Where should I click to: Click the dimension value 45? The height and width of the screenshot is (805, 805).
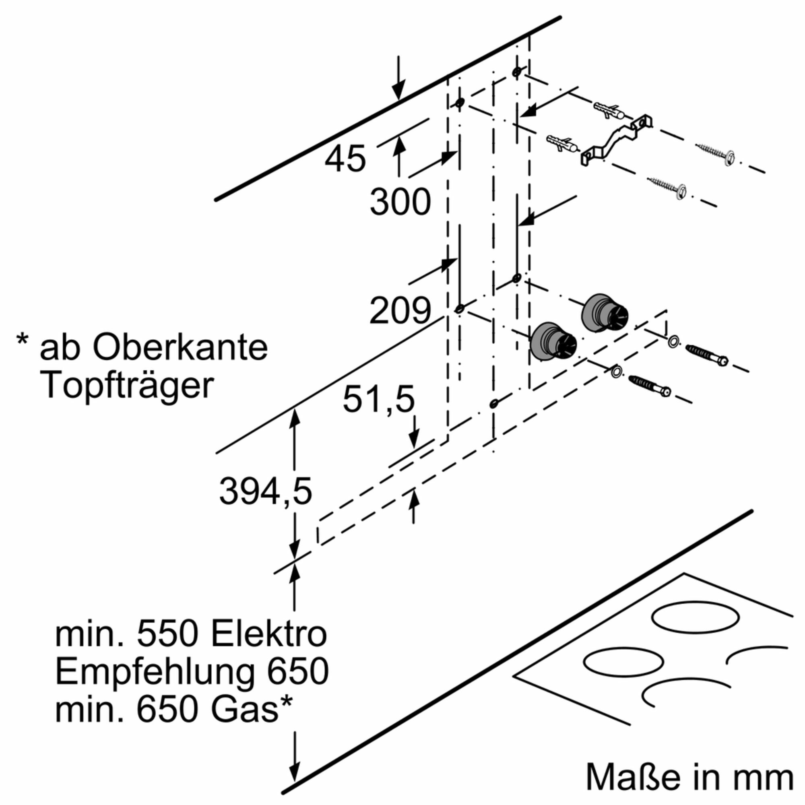[345, 159]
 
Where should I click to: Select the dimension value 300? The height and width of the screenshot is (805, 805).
[400, 202]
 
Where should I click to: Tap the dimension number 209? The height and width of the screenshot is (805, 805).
[400, 311]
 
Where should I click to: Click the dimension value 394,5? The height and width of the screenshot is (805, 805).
[265, 492]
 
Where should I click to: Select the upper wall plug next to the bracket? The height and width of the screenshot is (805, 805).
[609, 109]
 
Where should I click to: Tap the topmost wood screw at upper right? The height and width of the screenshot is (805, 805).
[715, 154]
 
